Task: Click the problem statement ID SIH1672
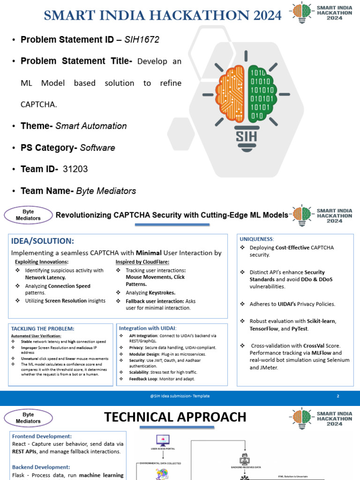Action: tap(142, 40)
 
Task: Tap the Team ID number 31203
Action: tap(75, 169)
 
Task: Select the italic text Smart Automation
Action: tap(91, 126)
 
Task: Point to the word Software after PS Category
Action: tap(97, 148)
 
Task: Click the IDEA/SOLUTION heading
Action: tap(43, 241)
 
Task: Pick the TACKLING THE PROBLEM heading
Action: tap(43, 329)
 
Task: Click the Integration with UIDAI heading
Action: tap(148, 328)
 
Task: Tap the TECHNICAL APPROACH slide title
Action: tap(175, 417)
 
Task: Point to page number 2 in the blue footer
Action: tap(337, 396)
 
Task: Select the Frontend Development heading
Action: tap(42, 436)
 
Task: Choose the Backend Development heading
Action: tap(41, 467)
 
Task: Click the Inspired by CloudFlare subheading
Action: tap(142, 262)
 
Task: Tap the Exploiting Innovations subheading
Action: tap(42, 262)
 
